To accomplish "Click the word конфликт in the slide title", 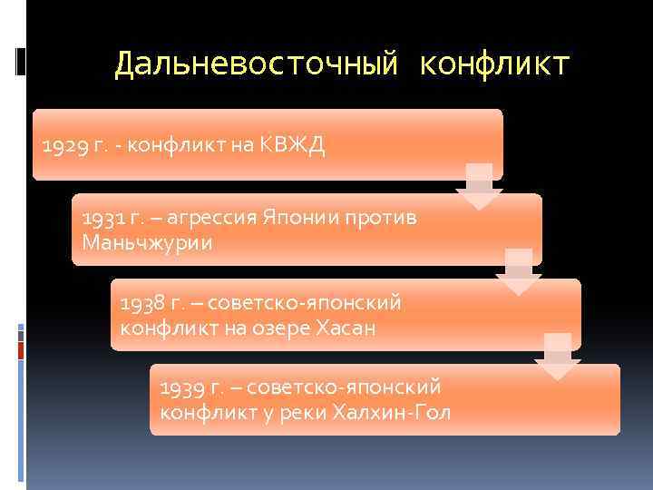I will tap(495, 64).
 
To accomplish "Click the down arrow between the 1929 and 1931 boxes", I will tap(479, 186).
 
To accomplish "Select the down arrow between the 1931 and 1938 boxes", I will tap(518, 270).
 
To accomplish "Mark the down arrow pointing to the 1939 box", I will tap(557, 356).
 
